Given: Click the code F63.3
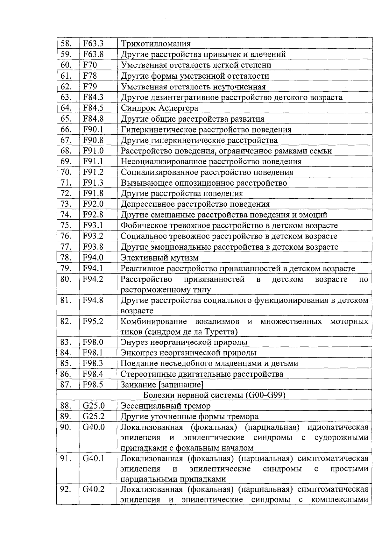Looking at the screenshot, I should [x=93, y=44].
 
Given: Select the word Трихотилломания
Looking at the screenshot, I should [x=156, y=44].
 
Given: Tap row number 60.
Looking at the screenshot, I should [x=66, y=65].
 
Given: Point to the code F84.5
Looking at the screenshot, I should [x=93, y=108].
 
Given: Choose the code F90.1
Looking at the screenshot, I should [x=93, y=130].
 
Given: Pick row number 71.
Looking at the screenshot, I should [x=66, y=183].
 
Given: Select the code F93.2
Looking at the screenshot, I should [x=93, y=236].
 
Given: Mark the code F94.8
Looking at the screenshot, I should [x=93, y=300].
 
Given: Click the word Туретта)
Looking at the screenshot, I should [x=223, y=332].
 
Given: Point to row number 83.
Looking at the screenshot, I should [x=66, y=342].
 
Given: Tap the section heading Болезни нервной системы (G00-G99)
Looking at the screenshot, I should [x=214, y=395].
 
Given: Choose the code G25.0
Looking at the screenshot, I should [x=94, y=406].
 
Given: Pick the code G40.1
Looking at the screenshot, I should [x=94, y=458].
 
